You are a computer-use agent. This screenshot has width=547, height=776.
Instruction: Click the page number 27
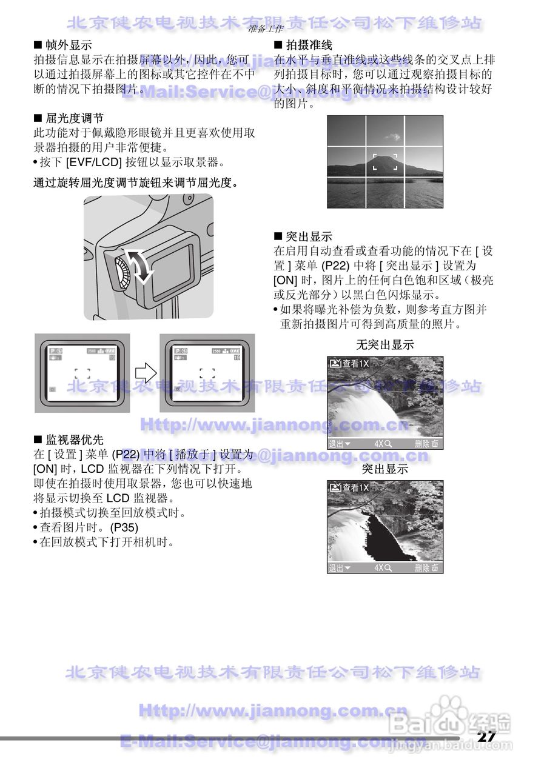click(486, 736)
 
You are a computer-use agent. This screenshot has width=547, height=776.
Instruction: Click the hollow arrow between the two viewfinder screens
click(145, 372)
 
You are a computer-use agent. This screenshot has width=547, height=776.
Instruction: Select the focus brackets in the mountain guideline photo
click(385, 162)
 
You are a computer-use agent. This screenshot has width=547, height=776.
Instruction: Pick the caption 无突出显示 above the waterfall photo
click(385, 345)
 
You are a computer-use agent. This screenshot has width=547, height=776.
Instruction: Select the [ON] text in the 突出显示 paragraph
click(285, 281)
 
